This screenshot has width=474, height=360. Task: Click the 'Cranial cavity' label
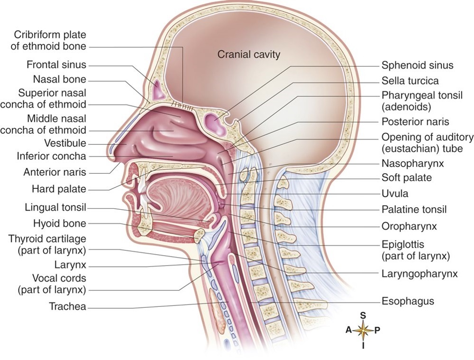249,54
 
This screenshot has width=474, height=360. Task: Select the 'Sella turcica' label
410,81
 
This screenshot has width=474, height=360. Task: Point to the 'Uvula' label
395,194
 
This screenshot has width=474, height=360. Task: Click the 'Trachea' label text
67,307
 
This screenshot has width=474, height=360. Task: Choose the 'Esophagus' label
408,301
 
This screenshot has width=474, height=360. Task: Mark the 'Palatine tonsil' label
414,209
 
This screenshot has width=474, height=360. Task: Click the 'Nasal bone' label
60,79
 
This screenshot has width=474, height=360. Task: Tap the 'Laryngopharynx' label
419,273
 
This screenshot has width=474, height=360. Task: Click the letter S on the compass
363,315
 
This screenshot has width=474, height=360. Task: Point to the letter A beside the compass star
348,331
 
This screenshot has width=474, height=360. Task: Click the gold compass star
363,330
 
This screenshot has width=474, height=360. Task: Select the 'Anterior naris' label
55,173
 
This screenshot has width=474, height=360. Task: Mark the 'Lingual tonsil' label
57,207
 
